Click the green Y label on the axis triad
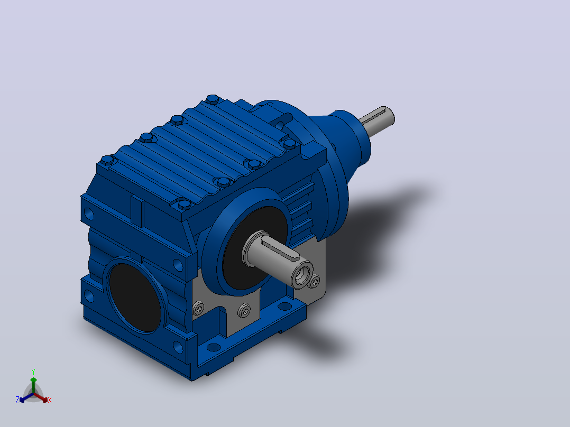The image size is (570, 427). click(33, 372)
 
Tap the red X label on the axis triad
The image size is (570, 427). click(50, 400)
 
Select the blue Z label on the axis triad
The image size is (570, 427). click(17, 400)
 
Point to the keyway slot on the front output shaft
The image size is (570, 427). click(280, 248)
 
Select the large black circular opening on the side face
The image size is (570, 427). click(134, 297)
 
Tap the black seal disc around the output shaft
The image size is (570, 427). click(254, 247)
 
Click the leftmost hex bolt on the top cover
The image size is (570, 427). click(108, 160)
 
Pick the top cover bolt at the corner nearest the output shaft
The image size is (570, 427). click(185, 204)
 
